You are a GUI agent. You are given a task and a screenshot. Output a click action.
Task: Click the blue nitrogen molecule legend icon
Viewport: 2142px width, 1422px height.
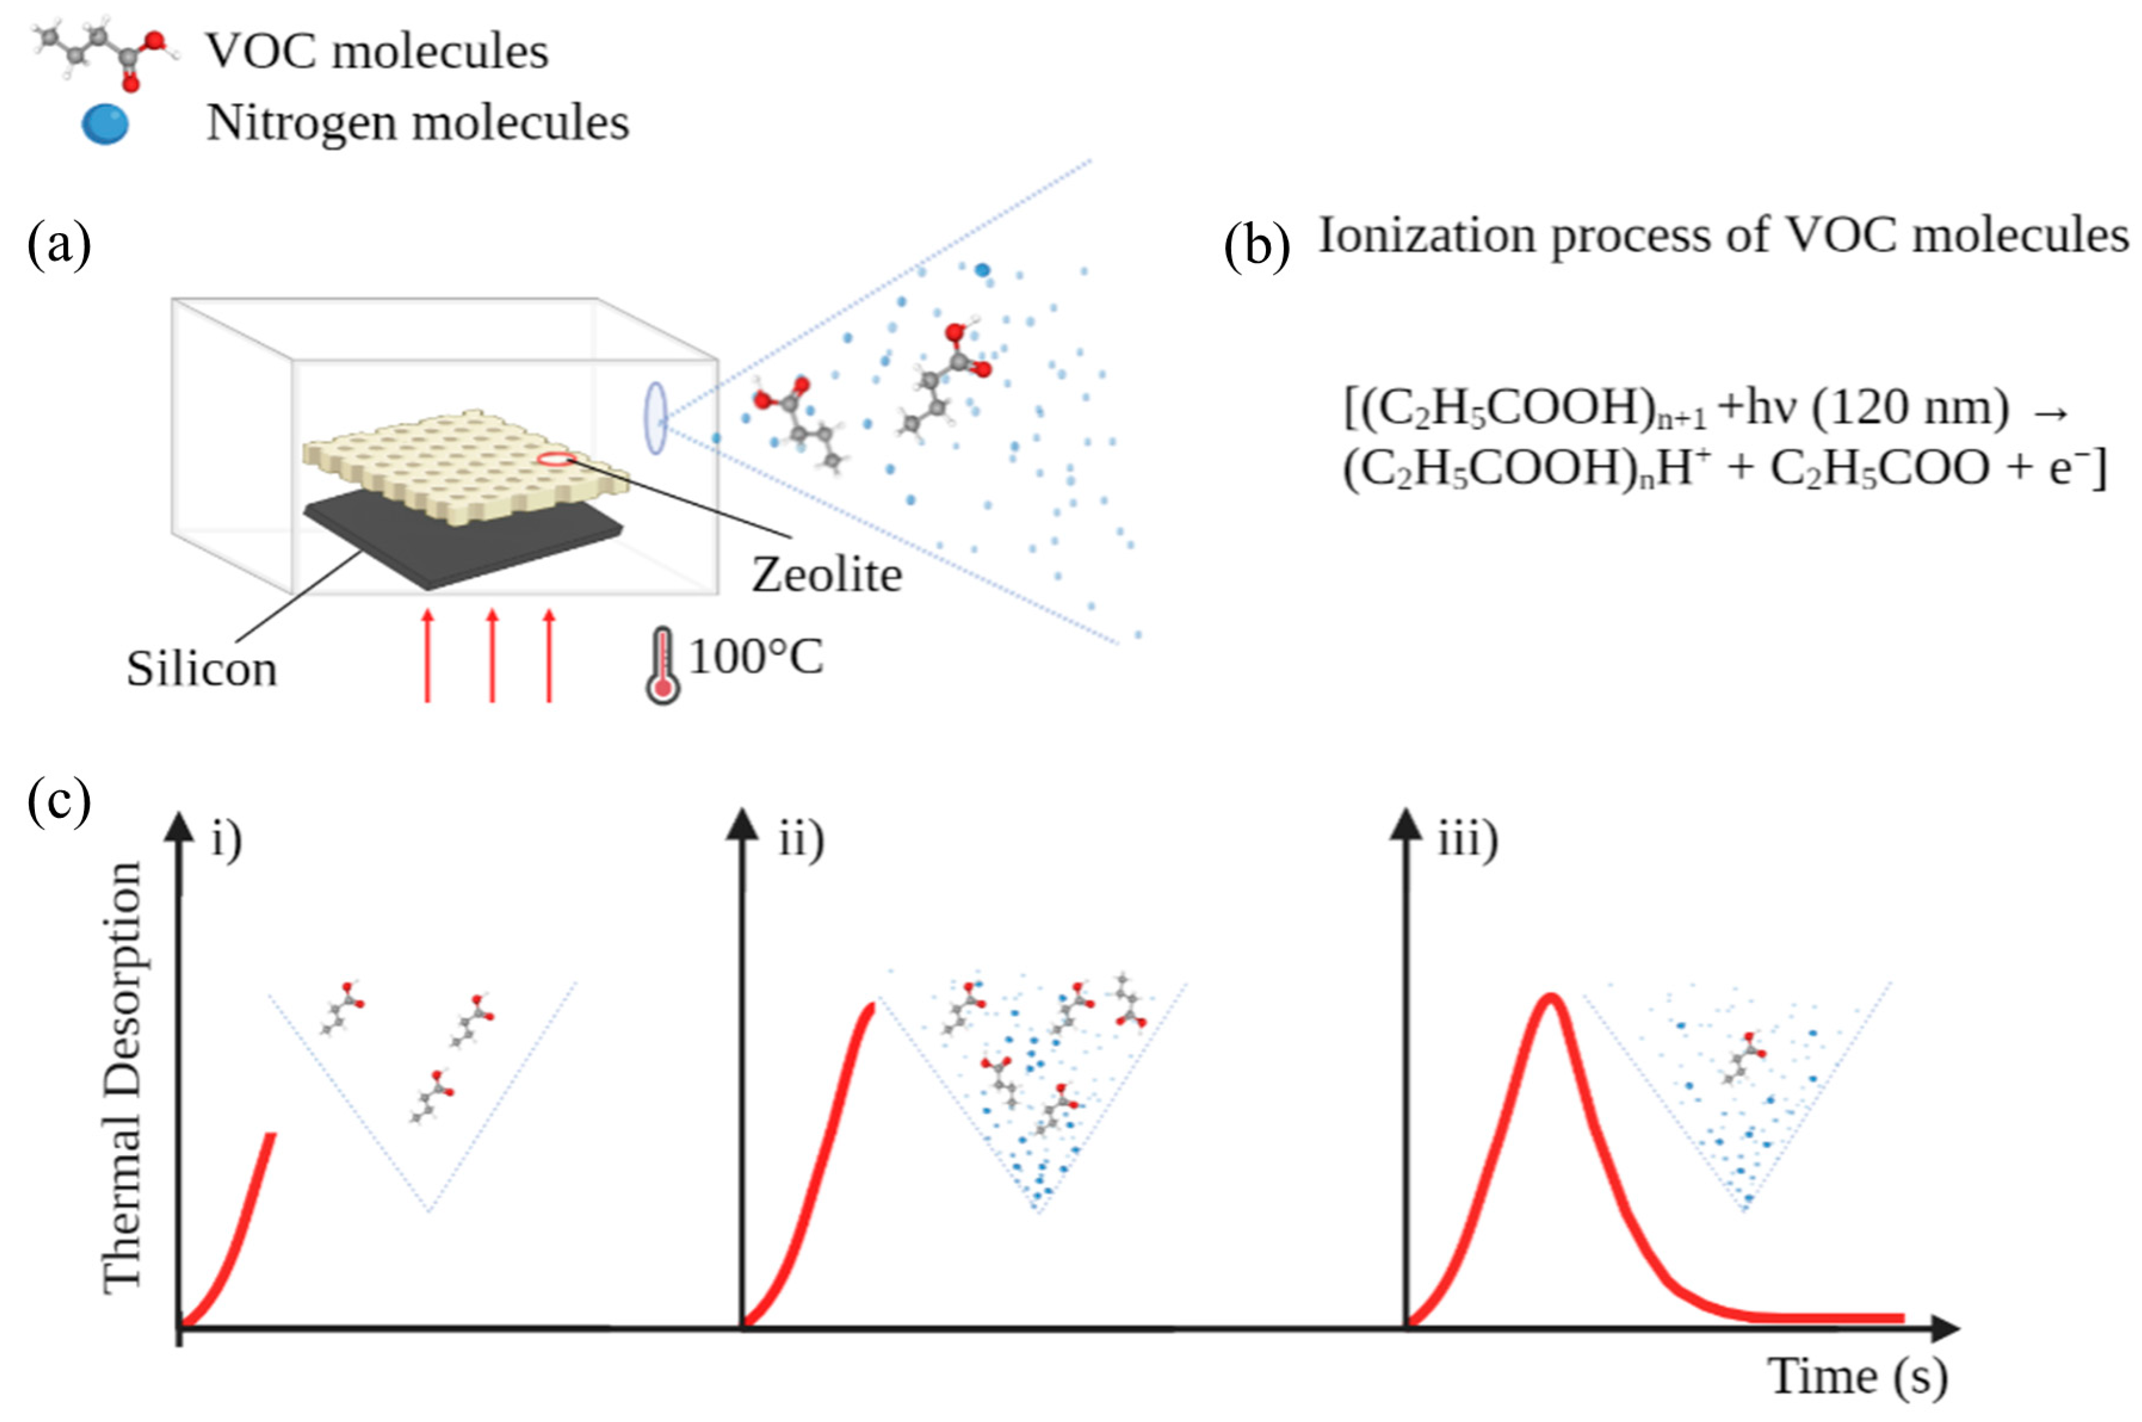pyautogui.click(x=104, y=125)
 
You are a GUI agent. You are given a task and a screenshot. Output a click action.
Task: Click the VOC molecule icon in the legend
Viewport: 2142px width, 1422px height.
pyautogui.click(x=104, y=54)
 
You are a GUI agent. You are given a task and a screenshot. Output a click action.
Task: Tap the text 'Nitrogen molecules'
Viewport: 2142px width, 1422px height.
pyautogui.click(x=417, y=123)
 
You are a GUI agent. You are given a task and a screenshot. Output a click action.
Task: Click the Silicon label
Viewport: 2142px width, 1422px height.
pyautogui.click(x=201, y=669)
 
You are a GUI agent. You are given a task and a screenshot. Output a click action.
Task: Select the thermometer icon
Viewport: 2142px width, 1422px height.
pyautogui.click(x=663, y=666)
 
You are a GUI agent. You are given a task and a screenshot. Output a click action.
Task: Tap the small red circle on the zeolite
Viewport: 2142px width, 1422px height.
pyautogui.click(x=555, y=458)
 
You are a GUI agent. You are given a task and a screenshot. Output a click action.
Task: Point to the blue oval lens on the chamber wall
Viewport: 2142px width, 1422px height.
pyautogui.click(x=655, y=418)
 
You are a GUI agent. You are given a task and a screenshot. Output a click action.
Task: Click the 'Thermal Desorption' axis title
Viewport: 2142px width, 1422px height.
pyautogui.click(x=123, y=1077)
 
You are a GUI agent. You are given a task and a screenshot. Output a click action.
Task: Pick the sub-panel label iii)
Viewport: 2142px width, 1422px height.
pyautogui.click(x=1468, y=839)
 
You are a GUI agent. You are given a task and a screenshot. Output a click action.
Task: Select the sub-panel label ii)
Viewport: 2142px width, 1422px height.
pyautogui.click(x=801, y=839)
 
